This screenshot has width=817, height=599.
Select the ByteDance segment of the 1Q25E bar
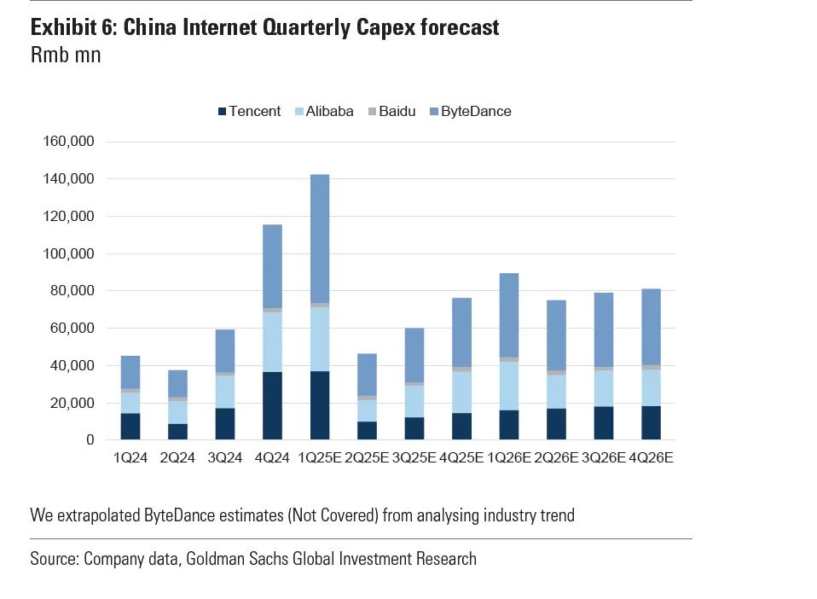tap(320, 238)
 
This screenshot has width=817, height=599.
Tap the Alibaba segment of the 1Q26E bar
tap(508, 386)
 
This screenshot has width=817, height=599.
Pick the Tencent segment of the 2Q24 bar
tap(177, 432)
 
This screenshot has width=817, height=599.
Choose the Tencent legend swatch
tap(223, 112)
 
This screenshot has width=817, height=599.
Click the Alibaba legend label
tap(329, 112)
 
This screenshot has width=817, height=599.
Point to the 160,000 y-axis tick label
tap(66, 142)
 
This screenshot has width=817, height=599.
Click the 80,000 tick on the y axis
tap(70, 291)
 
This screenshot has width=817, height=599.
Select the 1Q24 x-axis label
tap(130, 458)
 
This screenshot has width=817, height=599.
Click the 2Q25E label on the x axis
tap(367, 458)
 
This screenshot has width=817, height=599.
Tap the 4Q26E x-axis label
tap(651, 458)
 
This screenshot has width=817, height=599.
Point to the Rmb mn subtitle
tap(66, 55)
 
